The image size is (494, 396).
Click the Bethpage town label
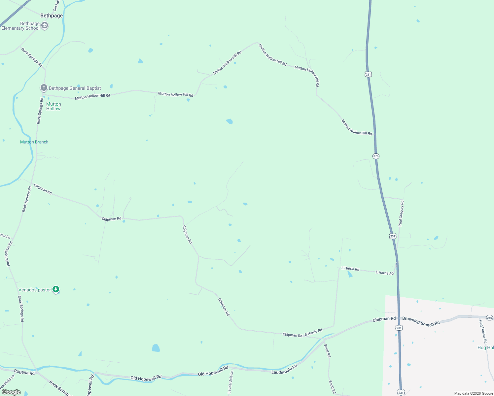(x=52, y=16)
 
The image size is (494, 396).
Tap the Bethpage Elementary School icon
(x=45, y=26)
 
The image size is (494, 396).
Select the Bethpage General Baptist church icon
(x=44, y=88)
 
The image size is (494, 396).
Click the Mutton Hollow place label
(x=53, y=106)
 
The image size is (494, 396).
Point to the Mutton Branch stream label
(x=34, y=142)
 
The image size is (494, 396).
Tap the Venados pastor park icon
(x=56, y=289)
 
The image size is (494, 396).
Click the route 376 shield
(x=376, y=156)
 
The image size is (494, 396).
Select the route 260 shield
(x=489, y=318)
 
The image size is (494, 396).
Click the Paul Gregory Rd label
(x=401, y=213)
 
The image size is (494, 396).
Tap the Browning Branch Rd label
(x=421, y=321)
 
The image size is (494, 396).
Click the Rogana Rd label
(x=24, y=373)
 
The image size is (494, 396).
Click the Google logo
(x=11, y=392)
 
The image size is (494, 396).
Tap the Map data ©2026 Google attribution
(x=474, y=393)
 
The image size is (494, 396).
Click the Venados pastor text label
(x=35, y=290)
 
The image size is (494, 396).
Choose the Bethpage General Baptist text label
(x=75, y=88)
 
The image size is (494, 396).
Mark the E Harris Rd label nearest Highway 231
(x=384, y=273)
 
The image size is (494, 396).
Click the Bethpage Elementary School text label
(x=20, y=26)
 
